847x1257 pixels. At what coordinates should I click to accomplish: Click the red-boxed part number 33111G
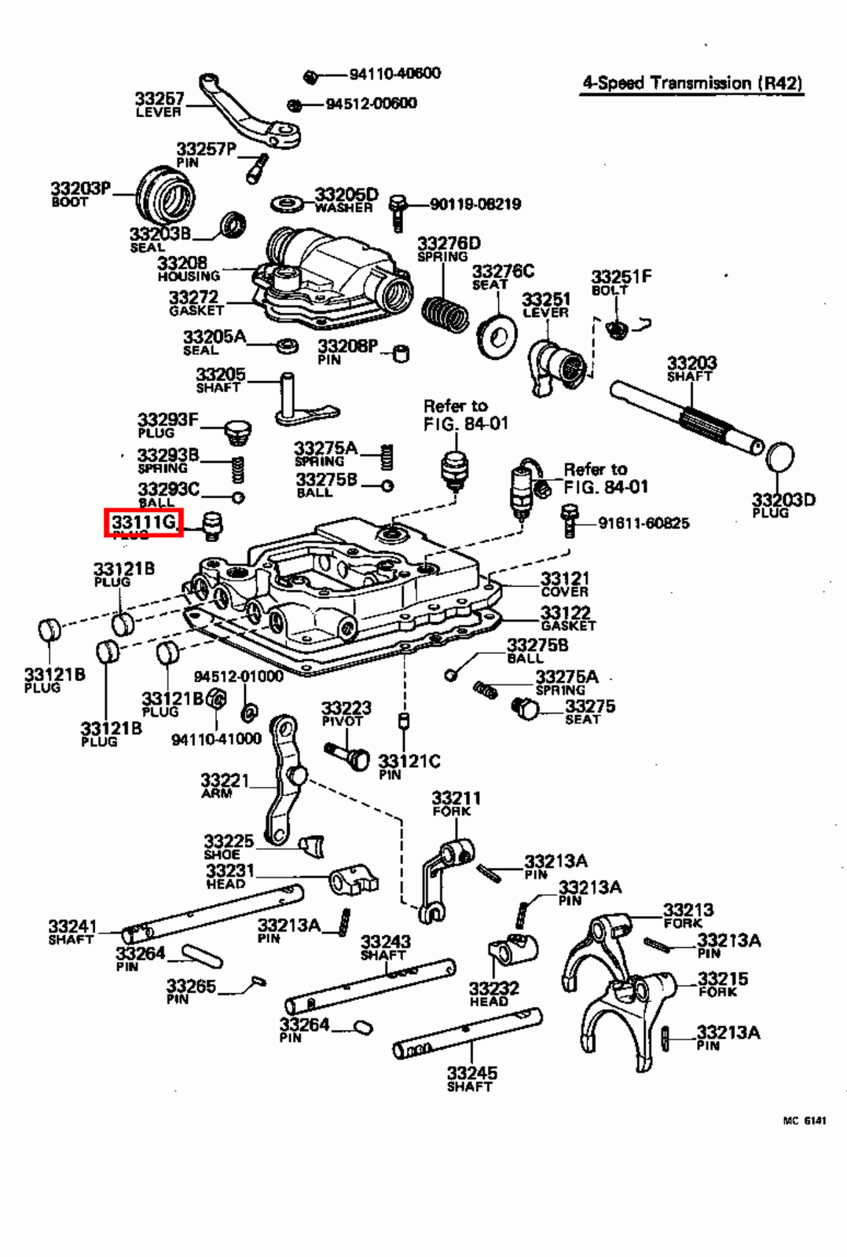[144, 522]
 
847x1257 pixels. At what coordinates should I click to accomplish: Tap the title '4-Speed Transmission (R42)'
[692, 83]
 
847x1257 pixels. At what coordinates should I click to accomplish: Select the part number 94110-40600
[394, 74]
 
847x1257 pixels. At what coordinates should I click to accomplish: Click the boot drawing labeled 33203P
[165, 193]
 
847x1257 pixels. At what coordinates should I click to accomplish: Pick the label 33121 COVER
[564, 585]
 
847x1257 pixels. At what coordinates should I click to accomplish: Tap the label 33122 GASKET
[567, 618]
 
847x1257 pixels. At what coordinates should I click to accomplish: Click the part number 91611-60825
[643, 523]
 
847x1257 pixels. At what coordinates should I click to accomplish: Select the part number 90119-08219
[475, 204]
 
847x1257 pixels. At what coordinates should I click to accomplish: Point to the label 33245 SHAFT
[471, 1078]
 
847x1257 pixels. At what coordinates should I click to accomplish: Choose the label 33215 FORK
[722, 984]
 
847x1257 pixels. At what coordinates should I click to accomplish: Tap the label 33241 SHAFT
[71, 932]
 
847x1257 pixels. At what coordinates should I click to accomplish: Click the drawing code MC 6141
[804, 1121]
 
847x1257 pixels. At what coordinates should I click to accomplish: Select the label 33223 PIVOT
[346, 713]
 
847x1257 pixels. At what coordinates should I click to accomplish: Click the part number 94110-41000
[216, 738]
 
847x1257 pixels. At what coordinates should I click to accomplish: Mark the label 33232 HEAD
[493, 994]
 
